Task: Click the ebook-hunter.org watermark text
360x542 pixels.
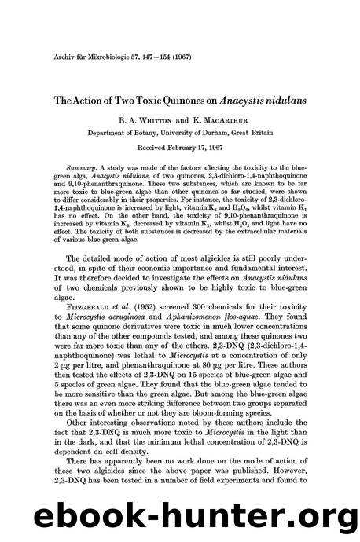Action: [x=180, y=515]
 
